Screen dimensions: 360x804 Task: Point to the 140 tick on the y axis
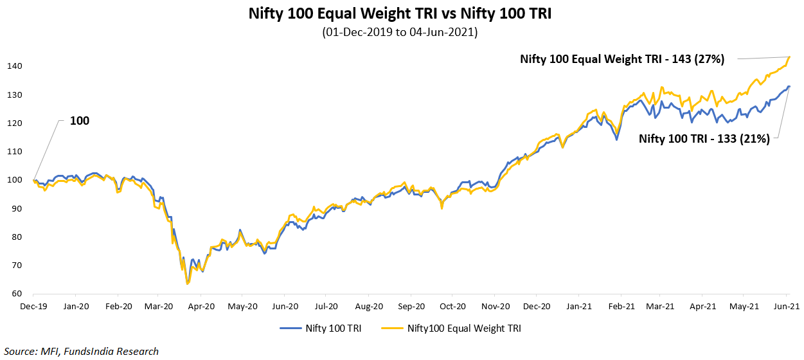16,66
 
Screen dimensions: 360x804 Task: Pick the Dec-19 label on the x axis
33,307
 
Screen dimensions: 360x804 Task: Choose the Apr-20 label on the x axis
202,307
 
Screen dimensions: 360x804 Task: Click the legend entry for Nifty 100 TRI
321,328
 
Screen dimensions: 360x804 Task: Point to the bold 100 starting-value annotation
80,121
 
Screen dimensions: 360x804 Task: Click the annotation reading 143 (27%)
622,59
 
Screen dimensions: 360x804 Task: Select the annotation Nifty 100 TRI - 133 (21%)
704,138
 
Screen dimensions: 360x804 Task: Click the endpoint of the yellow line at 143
789,57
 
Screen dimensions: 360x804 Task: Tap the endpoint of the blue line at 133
789,86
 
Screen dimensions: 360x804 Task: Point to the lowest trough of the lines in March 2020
186,283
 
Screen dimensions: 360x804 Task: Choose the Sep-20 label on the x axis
411,307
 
